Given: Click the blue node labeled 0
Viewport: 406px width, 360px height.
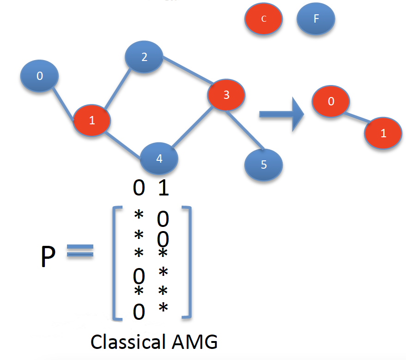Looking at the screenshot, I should tap(39, 76).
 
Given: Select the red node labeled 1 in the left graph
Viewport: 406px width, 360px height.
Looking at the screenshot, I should tap(92, 121).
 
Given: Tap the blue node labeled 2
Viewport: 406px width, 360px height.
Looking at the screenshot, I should tap(144, 57).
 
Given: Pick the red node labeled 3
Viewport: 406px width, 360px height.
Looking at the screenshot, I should tap(226, 95).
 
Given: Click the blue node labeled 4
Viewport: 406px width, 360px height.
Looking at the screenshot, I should tap(159, 159).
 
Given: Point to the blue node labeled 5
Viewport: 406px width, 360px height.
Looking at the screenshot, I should tap(264, 165).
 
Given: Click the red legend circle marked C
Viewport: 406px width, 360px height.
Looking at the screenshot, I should tap(263, 19).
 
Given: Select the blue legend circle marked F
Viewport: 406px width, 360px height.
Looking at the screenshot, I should tap(316, 19).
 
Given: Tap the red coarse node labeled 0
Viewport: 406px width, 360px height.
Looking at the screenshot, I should tap(331, 102).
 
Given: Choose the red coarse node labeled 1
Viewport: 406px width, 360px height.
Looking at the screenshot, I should tap(383, 134).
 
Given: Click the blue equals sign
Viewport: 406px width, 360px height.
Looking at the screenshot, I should tap(80, 253).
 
